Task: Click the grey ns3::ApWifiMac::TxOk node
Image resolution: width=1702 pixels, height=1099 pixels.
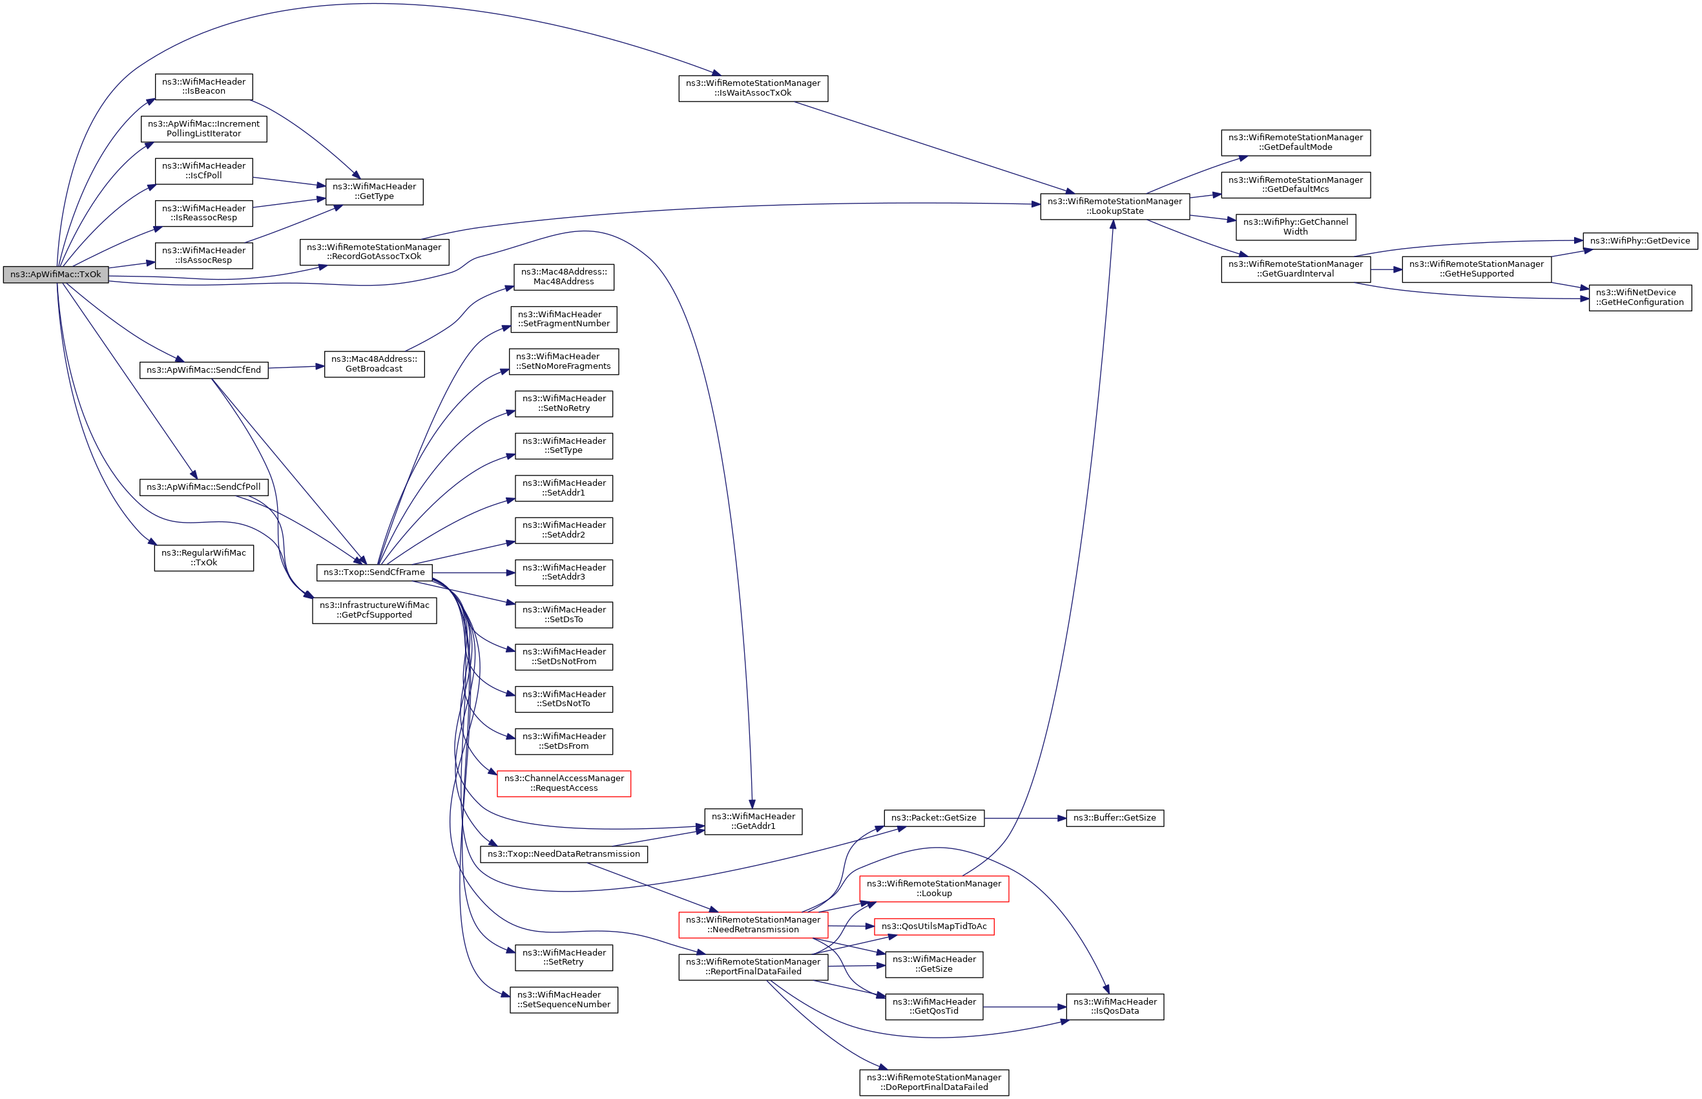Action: click(x=56, y=275)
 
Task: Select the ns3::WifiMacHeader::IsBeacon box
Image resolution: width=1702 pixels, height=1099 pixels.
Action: click(x=203, y=87)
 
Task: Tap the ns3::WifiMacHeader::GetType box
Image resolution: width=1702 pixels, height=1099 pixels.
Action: click(x=374, y=191)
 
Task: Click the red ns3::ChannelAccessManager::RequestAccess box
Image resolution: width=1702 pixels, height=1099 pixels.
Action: click(x=563, y=783)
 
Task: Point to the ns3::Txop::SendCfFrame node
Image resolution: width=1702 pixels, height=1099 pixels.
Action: click(x=374, y=572)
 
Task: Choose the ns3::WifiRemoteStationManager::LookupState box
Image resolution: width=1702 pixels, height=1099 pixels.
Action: click(x=1114, y=206)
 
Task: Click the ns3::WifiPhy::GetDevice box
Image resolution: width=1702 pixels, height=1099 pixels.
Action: click(x=1639, y=240)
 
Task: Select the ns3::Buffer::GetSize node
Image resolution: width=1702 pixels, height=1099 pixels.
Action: click(x=1114, y=817)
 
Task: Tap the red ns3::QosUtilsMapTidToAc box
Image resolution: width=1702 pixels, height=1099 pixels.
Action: click(x=933, y=926)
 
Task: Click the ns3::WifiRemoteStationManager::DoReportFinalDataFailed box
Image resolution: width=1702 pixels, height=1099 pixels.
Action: click(x=933, y=1082)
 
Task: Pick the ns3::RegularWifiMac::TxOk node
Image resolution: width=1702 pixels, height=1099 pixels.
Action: click(x=203, y=558)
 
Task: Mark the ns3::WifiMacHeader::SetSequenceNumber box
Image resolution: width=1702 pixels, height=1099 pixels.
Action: click(x=563, y=999)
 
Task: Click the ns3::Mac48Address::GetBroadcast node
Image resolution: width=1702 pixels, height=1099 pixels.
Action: click(x=374, y=364)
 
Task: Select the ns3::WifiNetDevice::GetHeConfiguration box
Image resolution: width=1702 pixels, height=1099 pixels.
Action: click(x=1639, y=297)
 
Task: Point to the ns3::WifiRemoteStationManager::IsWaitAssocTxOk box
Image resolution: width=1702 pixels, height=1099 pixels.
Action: click(x=752, y=88)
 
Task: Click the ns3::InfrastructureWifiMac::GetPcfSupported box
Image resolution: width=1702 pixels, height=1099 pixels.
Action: click(x=374, y=610)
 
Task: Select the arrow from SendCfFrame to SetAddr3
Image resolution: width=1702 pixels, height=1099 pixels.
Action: click(x=473, y=572)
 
